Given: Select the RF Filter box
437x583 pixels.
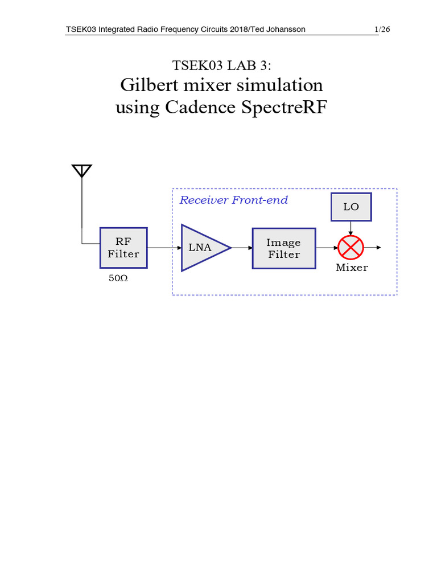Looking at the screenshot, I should click(123, 248).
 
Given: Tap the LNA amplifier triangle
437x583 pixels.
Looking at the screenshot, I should click(202, 248).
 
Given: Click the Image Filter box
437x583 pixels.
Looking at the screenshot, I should click(284, 248).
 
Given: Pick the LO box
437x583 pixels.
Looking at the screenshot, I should click(351, 207).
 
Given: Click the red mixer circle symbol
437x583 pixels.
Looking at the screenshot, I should click(351, 248).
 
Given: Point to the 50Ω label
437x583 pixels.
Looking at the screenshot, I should click(118, 279).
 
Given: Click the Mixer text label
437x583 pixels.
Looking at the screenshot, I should click(352, 268).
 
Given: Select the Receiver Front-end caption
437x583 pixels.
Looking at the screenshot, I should click(233, 200).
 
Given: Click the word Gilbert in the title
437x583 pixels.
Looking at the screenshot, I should click(149, 85).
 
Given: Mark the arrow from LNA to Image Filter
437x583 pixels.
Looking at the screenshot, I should click(242, 248).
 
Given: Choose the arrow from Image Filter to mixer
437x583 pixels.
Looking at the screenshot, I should click(327, 248).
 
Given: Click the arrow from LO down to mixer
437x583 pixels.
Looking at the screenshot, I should click(351, 228).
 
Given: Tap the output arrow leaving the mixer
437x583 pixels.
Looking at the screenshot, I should click(373, 248).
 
